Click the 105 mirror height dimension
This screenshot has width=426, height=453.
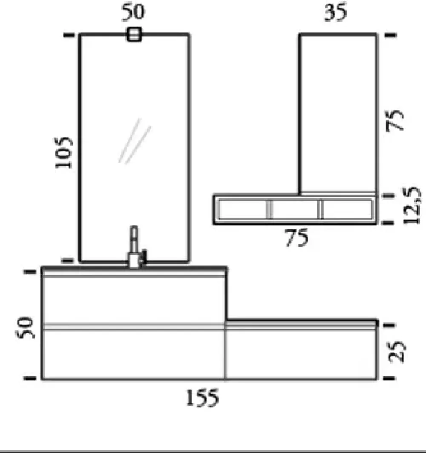pyautogui.click(x=64, y=152)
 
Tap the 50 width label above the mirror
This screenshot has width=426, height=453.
pyautogui.click(x=133, y=12)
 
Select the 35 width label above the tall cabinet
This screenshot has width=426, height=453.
pyautogui.click(x=335, y=12)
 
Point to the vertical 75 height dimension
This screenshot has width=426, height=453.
pyautogui.click(x=395, y=120)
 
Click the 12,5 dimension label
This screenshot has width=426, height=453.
pyautogui.click(x=412, y=205)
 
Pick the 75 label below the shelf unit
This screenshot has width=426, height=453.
pyautogui.click(x=297, y=238)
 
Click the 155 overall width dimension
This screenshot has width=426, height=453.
pyautogui.click(x=202, y=398)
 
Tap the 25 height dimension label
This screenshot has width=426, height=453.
pyautogui.click(x=397, y=352)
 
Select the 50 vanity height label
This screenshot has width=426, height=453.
pyautogui.click(x=25, y=328)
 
